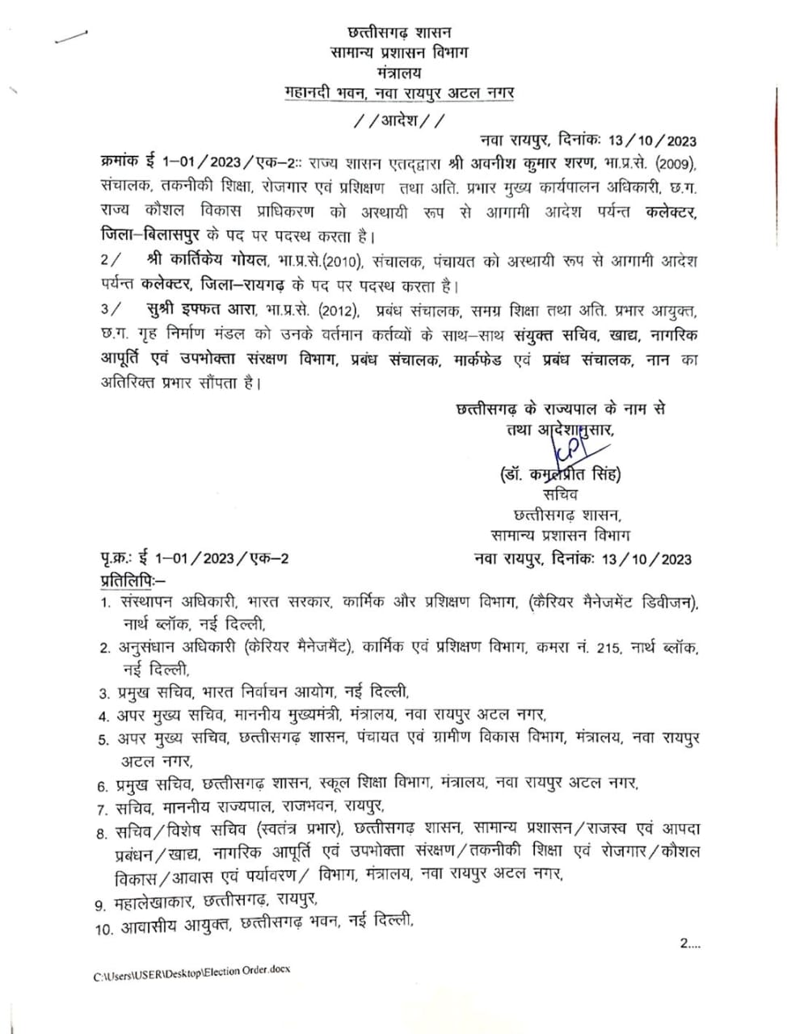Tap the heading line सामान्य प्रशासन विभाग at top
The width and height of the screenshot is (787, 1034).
tap(399, 52)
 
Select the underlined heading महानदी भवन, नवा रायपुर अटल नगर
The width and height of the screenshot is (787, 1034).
tap(399, 93)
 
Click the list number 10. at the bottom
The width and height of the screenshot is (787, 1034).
tap(103, 930)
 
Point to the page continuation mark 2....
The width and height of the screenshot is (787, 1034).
tap(689, 943)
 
